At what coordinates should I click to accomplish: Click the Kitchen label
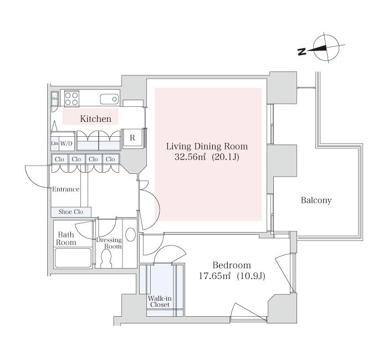pos(95,119)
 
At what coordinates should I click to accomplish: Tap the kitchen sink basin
pos(109,99)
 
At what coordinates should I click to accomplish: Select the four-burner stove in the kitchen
pos(72,99)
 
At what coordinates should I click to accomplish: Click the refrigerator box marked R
pos(132,138)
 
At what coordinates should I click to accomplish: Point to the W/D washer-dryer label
pos(67,143)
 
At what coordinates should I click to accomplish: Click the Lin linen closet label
pos(54,143)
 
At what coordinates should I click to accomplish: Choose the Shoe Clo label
pos(71,212)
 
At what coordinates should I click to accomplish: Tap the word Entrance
pos(66,189)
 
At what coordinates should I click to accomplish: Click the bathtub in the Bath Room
pos(73,258)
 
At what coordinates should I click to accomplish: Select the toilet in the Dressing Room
pos(106,259)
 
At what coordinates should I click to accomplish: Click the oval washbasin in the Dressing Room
pos(130,234)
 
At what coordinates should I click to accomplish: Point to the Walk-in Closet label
pos(160,302)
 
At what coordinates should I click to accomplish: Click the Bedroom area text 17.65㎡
pos(215,276)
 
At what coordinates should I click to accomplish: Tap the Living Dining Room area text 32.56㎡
pos(190,157)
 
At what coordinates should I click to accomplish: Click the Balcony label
pos(316,200)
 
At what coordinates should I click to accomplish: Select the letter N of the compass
pos(302,52)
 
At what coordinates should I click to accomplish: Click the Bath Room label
pos(66,238)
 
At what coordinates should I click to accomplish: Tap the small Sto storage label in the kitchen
pos(54,98)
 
